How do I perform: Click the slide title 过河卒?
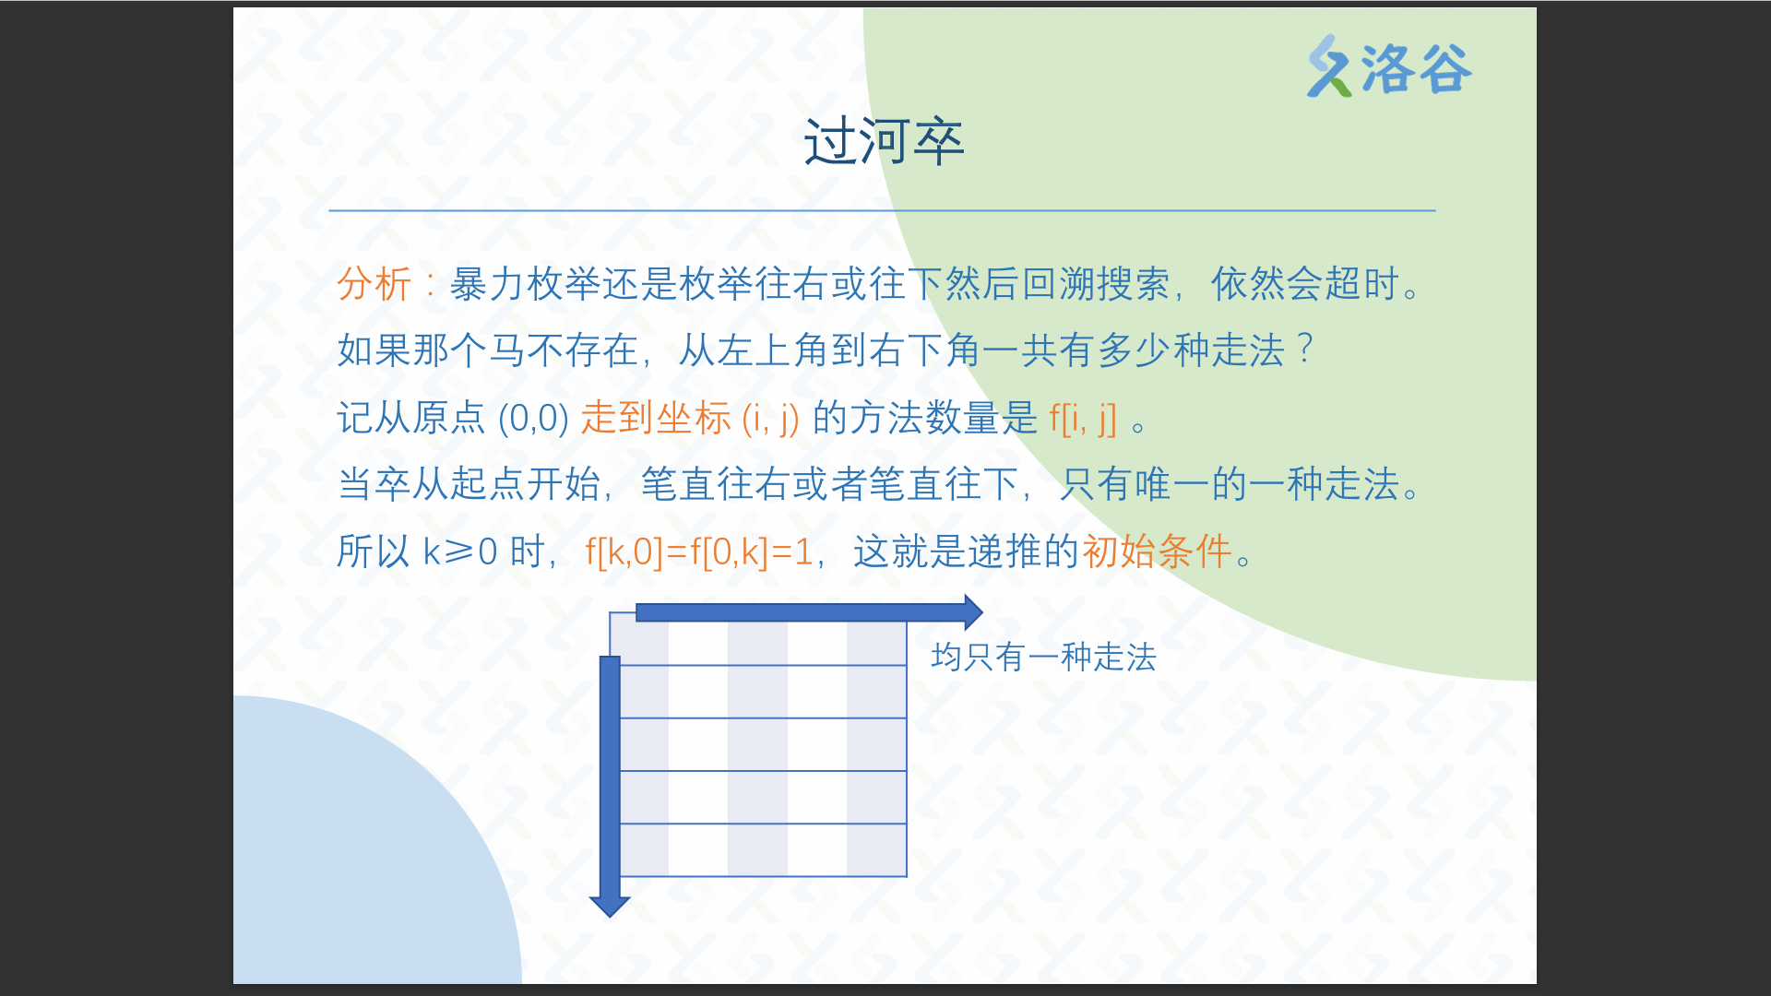(x=884, y=142)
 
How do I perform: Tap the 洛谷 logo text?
(x=1416, y=68)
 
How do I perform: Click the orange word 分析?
(x=374, y=283)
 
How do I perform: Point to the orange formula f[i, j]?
(x=1083, y=419)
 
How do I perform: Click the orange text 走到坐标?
(x=656, y=418)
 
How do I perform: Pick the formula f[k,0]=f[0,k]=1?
(x=698, y=551)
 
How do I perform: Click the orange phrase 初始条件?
(x=1157, y=551)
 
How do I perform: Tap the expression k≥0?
(x=459, y=551)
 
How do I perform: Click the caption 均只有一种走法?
(x=1043, y=657)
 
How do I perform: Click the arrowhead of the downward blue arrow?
(x=610, y=907)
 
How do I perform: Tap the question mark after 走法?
(x=1304, y=349)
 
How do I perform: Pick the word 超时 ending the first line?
(x=1362, y=283)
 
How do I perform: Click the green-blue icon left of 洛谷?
(x=1329, y=66)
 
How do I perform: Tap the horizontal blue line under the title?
(x=882, y=210)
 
